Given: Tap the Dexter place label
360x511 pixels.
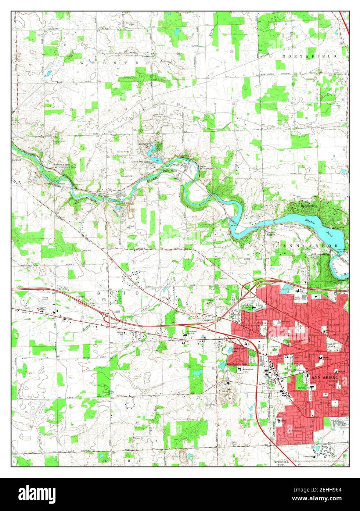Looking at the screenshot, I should (x=17, y=161).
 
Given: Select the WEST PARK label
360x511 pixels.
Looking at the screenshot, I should (x=332, y=345).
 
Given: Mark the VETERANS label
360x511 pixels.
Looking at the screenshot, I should (x=274, y=346).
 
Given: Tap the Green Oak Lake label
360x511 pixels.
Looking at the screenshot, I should (x=141, y=161).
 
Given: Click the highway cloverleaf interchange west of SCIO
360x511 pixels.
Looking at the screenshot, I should (x=109, y=317).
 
